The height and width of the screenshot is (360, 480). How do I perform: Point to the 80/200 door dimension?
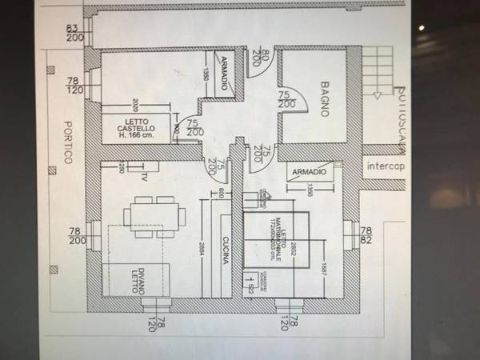click(x=256, y=57)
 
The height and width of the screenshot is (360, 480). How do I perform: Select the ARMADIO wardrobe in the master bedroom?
click(x=308, y=173)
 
